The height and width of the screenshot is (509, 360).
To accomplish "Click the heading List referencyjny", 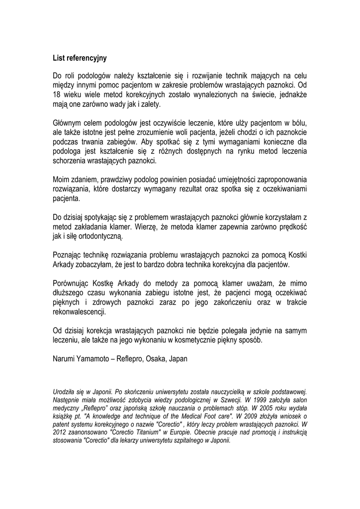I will point(80,58).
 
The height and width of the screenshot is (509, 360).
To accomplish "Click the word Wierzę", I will point(147,227).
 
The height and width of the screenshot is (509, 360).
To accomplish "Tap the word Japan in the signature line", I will point(179,358).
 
